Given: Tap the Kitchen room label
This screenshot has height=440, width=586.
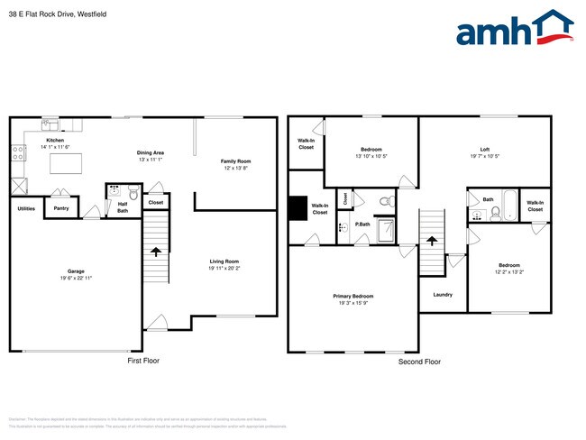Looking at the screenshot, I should tap(55, 141).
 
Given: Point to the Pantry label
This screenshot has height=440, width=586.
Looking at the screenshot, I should tap(61, 208).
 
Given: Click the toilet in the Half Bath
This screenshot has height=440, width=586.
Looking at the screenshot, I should tap(133, 191).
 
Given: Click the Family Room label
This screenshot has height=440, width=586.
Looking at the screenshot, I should tap(236, 161).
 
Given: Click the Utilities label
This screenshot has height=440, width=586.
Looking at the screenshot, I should tap(26, 208).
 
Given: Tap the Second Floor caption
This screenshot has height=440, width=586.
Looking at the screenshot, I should tap(419, 361).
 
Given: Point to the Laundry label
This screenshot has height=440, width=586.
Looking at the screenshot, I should tap(442, 294).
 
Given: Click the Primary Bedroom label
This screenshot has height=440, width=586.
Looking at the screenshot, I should tap(353, 296).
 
